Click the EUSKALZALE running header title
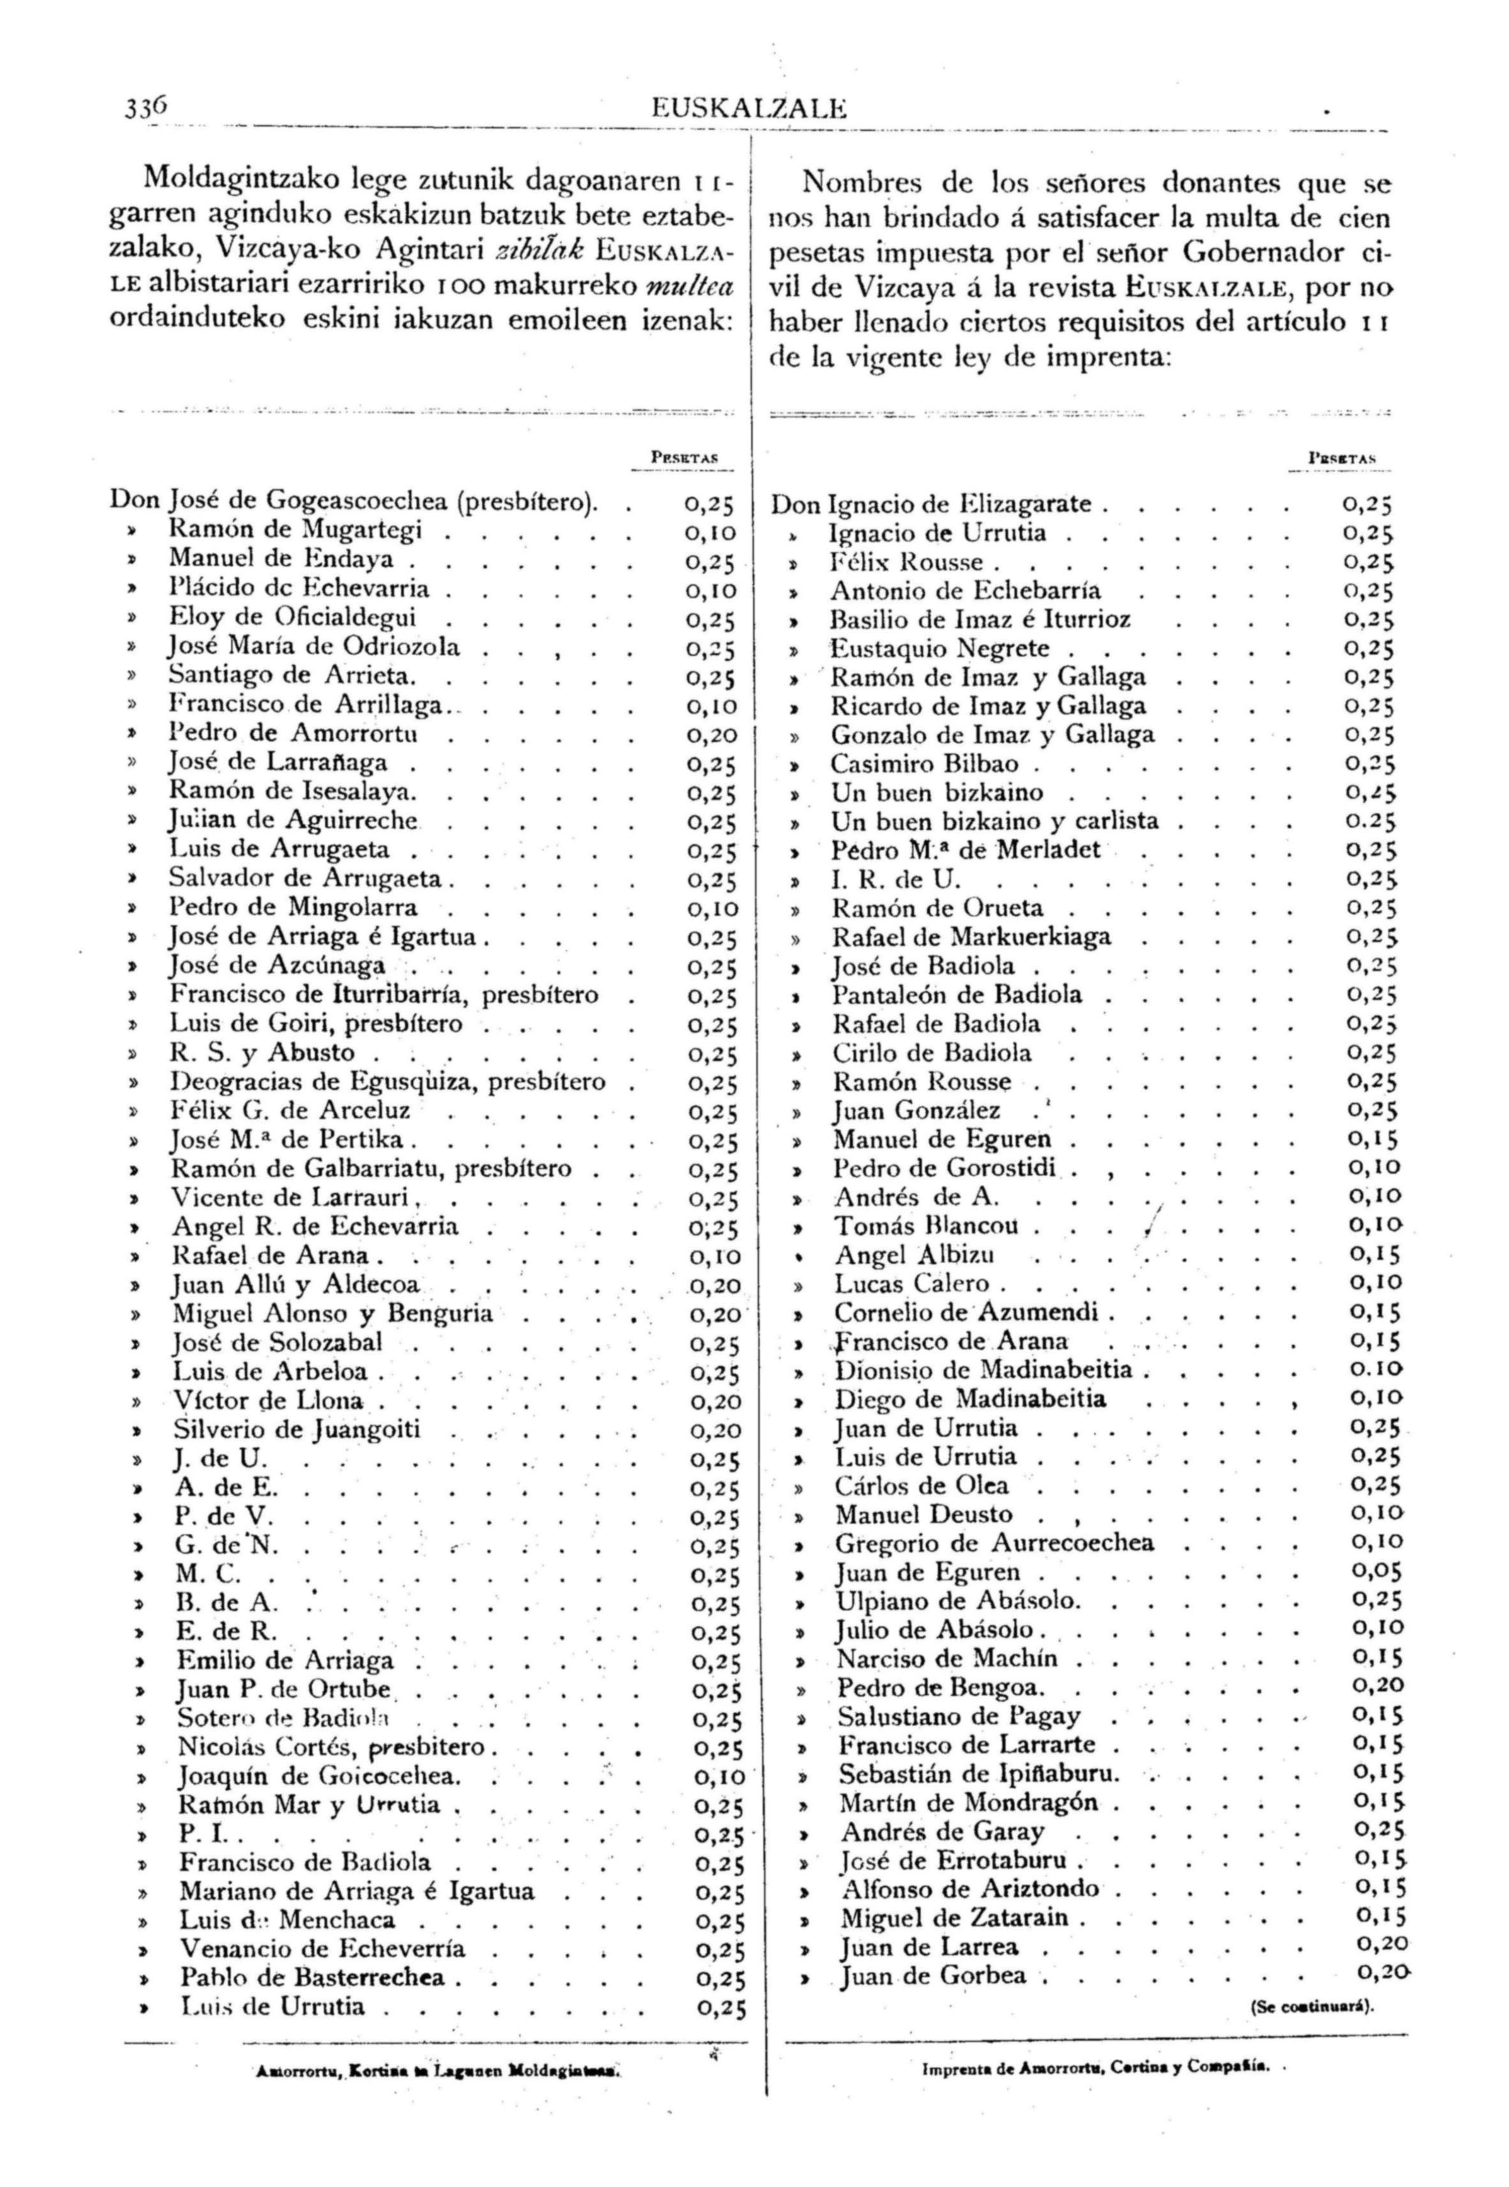(x=749, y=110)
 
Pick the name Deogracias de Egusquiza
(x=325, y=1081)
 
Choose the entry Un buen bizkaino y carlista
(x=995, y=821)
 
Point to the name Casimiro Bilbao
(x=924, y=764)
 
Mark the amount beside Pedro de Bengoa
(x=1377, y=1687)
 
